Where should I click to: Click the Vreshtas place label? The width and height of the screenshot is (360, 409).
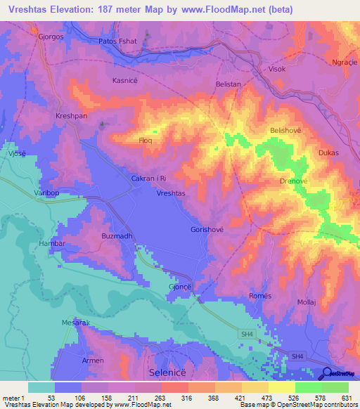171,193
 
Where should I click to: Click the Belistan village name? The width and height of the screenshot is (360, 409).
229,84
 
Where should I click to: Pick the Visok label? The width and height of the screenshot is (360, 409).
278,70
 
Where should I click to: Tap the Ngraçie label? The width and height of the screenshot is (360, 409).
344,63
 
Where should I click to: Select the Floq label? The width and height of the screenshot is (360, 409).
145,141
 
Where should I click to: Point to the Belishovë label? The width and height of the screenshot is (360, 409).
285,131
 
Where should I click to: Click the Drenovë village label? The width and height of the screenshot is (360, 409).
295,181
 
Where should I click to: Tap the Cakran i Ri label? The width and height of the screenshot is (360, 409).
149,179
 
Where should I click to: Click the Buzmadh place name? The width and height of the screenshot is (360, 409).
116,236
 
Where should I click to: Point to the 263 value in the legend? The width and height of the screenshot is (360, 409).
161,398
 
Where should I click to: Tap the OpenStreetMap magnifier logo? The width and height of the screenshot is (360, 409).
328,373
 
